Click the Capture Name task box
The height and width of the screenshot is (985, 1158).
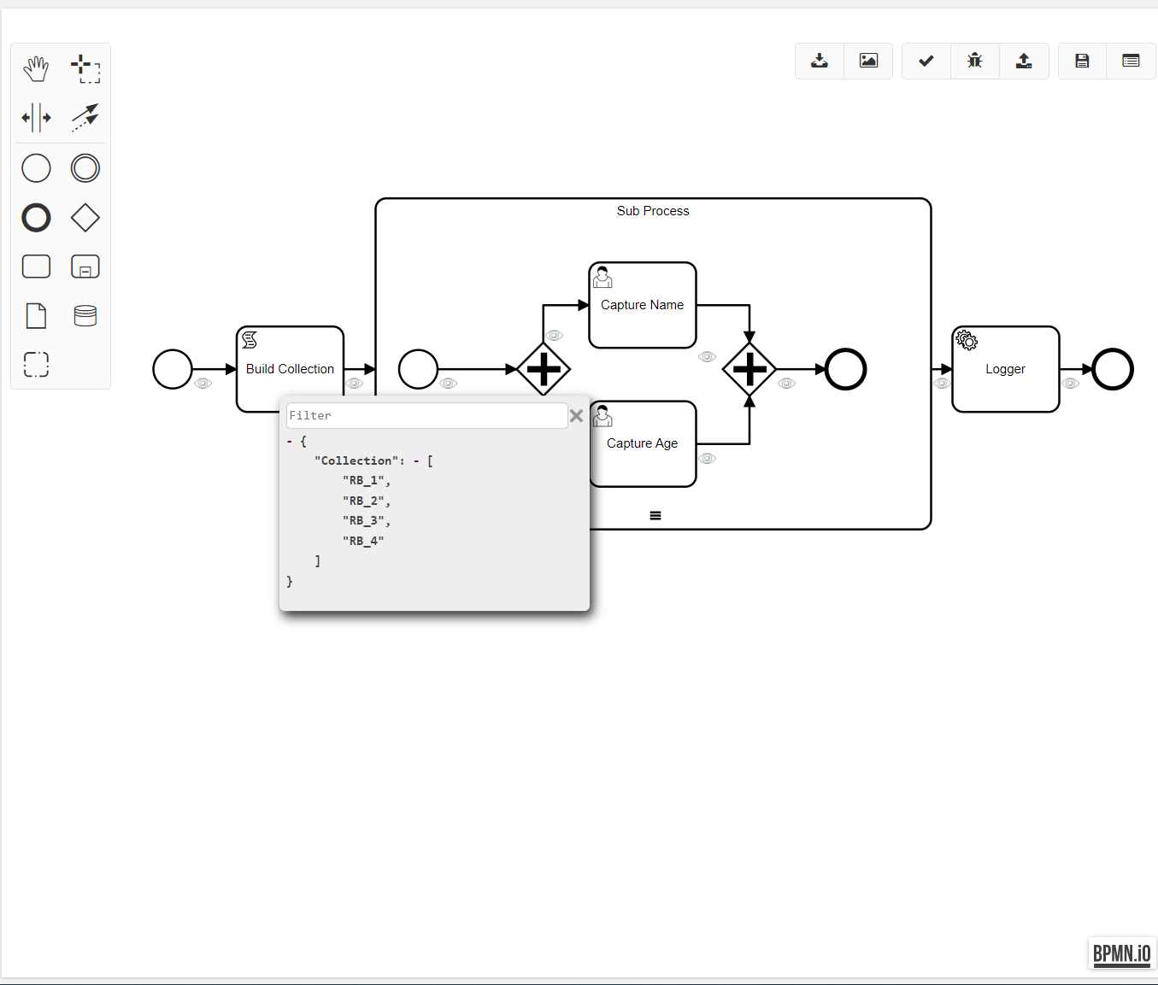pos(643,305)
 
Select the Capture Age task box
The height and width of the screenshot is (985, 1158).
pos(643,443)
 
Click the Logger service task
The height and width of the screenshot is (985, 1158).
pos(1006,369)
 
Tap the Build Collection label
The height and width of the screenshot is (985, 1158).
pos(290,369)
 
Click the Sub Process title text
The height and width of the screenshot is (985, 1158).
pos(653,211)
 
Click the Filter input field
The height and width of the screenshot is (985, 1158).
pos(426,416)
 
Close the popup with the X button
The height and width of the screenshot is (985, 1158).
pos(577,416)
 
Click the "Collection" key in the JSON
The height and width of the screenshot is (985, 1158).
pos(356,460)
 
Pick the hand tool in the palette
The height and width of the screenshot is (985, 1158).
pos(36,68)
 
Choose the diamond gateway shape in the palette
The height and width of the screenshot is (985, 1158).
pos(85,218)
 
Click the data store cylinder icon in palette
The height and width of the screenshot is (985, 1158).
pos(85,316)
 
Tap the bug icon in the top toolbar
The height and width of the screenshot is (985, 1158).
pos(975,61)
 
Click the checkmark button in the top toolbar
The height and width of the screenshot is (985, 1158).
pos(926,61)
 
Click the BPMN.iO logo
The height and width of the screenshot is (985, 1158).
pos(1122,953)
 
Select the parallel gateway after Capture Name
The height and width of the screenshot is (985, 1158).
pos(749,369)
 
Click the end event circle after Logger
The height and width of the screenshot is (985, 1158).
pos(1113,369)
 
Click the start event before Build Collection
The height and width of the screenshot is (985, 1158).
pos(173,369)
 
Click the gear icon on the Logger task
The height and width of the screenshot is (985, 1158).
pos(967,340)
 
